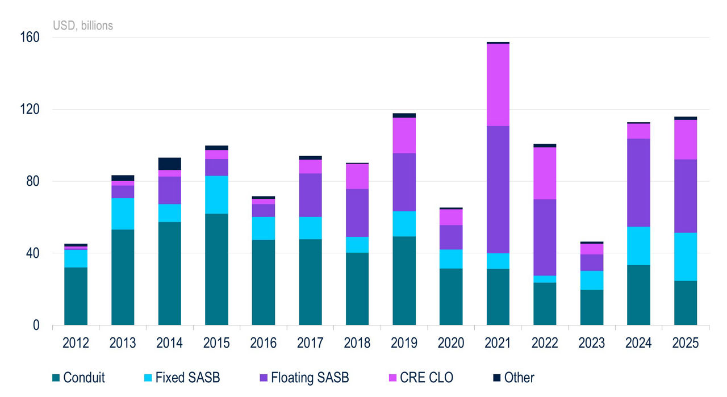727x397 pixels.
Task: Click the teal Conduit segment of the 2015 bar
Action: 216,269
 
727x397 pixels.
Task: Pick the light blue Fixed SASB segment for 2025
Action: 686,256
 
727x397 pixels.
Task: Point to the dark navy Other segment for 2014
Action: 169,164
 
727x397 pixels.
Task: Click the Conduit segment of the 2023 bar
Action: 592,307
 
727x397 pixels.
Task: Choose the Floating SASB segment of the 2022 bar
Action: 545,237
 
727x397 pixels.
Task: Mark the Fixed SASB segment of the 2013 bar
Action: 123,214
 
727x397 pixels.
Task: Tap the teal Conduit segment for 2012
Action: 76,296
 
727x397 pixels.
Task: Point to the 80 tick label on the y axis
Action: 34,182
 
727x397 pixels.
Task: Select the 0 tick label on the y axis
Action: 36,325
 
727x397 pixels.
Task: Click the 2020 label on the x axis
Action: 451,343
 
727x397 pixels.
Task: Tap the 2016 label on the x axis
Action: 264,343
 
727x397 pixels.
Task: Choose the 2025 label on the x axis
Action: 686,343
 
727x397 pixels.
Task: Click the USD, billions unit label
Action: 83,26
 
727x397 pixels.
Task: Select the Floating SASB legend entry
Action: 310,378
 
